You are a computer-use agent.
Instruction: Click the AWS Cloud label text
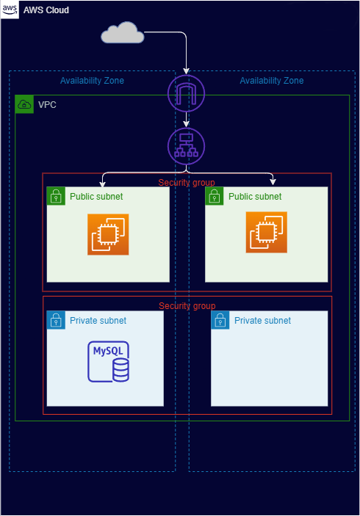pyautogui.click(x=48, y=10)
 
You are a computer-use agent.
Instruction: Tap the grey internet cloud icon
pyautogui.click(x=121, y=33)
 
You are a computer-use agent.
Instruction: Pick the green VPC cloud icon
pyautogui.click(x=24, y=104)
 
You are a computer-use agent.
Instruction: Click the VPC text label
pyautogui.click(x=47, y=105)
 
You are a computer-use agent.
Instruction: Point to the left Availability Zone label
pyautogui.click(x=92, y=81)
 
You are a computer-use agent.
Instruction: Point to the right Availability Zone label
pyautogui.click(x=271, y=81)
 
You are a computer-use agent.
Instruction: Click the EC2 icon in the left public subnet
pyautogui.click(x=108, y=235)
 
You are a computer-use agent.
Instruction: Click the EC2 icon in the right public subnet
pyautogui.click(x=267, y=231)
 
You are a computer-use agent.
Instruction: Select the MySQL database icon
pyautogui.click(x=108, y=361)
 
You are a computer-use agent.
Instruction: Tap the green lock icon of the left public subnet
pyautogui.click(x=56, y=196)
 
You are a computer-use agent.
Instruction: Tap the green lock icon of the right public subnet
pyautogui.click(x=215, y=196)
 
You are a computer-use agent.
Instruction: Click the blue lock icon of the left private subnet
pyautogui.click(x=56, y=320)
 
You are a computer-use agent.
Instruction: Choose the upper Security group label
pyautogui.click(x=187, y=182)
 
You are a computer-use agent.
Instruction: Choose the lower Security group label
pyautogui.click(x=187, y=305)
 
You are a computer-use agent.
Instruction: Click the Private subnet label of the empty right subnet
pyautogui.click(x=262, y=321)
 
